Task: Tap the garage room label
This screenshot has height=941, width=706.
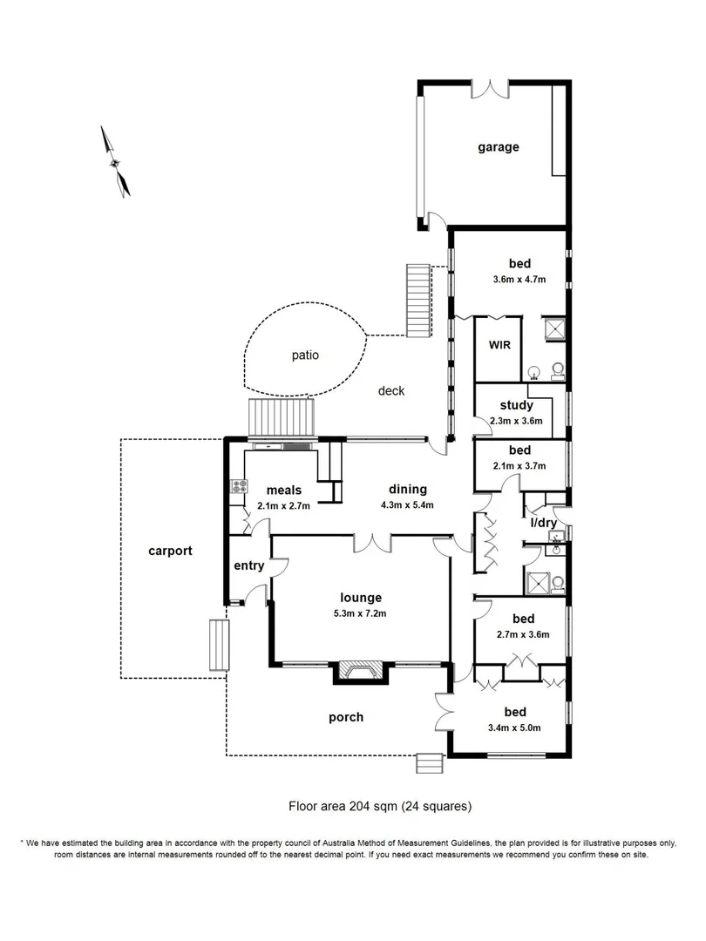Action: [x=498, y=147]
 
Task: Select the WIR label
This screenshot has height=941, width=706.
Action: [x=499, y=346]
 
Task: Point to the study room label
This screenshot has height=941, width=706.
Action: [x=516, y=405]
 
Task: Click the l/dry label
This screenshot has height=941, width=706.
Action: [x=544, y=522]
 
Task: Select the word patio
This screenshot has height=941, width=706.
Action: [x=305, y=355]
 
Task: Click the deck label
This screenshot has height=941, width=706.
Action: [x=391, y=391]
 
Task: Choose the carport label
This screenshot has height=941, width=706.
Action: [x=170, y=551]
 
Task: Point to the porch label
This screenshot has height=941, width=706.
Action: [x=346, y=717]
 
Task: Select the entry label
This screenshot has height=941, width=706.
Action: [x=248, y=566]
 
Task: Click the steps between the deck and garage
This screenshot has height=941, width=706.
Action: [x=419, y=301]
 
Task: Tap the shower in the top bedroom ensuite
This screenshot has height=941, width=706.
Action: [x=553, y=329]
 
